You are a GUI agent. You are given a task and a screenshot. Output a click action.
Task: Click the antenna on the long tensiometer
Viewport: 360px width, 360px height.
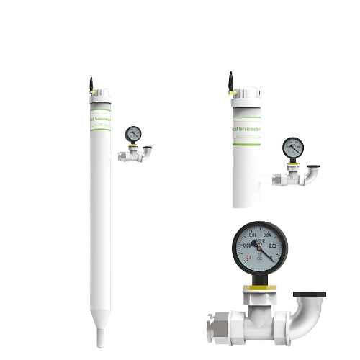coord(91,84)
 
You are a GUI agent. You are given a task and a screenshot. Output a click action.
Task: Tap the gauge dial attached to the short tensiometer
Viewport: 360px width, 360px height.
coord(292,146)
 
